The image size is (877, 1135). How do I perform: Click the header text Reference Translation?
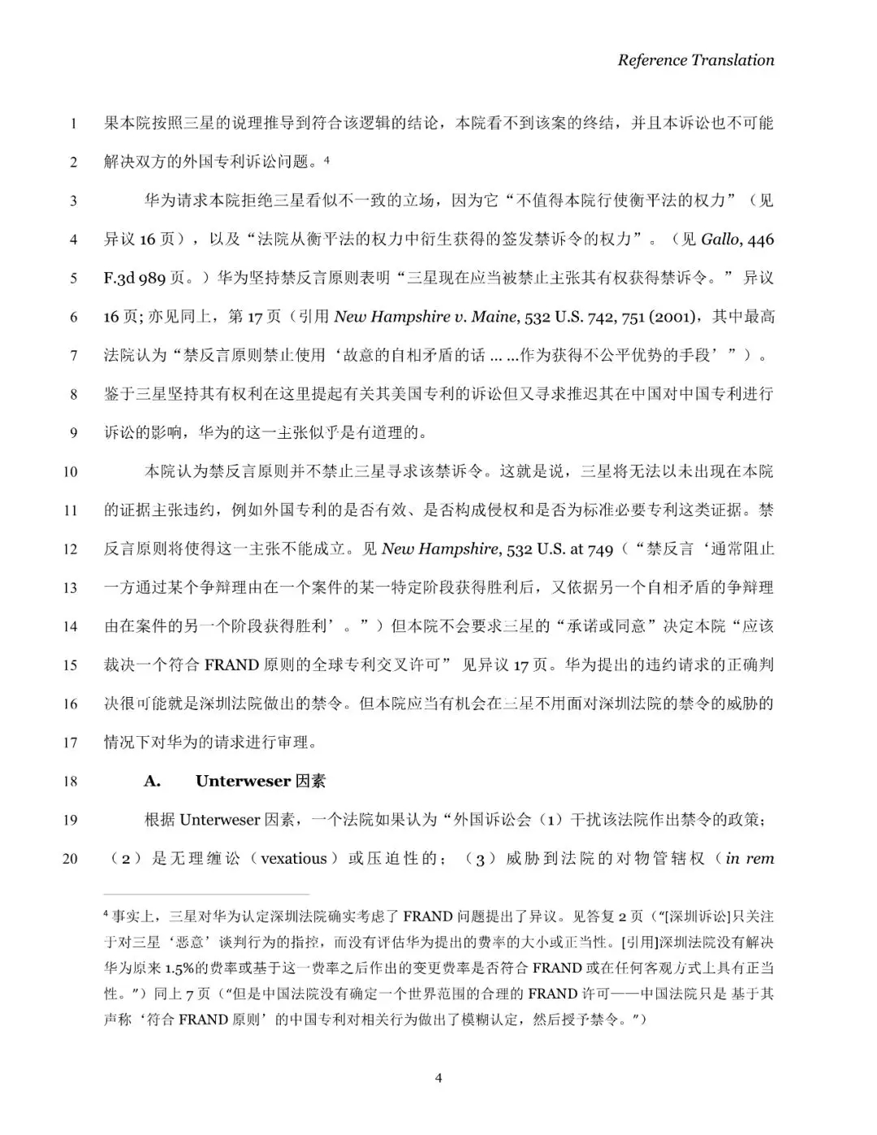pyautogui.click(x=695, y=60)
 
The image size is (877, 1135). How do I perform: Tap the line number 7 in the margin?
pyautogui.click(x=73, y=355)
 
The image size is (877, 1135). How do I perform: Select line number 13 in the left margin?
pyautogui.click(x=70, y=587)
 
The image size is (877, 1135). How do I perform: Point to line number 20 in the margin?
pyautogui.click(x=70, y=859)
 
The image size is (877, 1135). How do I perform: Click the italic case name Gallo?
pyautogui.click(x=719, y=239)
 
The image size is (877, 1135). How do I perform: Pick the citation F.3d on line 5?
pyautogui.click(x=119, y=278)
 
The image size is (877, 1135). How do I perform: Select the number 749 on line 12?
pyautogui.click(x=600, y=549)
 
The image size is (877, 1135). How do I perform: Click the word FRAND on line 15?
pyautogui.click(x=231, y=665)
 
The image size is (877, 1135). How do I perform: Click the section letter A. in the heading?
pyautogui.click(x=153, y=782)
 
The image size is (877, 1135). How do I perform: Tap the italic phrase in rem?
pyautogui.click(x=750, y=859)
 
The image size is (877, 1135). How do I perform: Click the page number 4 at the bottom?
pyautogui.click(x=438, y=1078)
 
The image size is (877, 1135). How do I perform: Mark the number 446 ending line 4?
pyautogui.click(x=760, y=239)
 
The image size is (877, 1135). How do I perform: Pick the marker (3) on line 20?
pyautogui.click(x=480, y=859)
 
